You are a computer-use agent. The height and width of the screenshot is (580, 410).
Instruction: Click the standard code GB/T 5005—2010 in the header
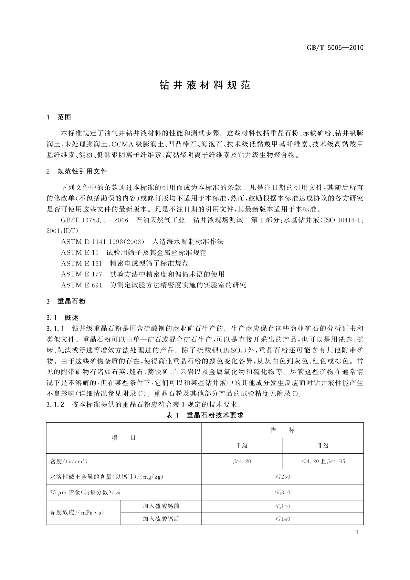click(335, 48)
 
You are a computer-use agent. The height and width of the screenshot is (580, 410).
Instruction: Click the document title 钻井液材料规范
click(204, 85)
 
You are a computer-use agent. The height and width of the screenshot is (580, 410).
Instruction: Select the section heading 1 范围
click(59, 117)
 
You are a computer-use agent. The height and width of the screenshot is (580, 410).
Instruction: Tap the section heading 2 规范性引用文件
click(77, 171)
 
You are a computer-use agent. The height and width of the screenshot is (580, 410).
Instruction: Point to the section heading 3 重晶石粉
click(66, 301)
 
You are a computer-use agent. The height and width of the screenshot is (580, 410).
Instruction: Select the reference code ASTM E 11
click(80, 253)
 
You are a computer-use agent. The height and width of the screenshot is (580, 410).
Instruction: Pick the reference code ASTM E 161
click(82, 263)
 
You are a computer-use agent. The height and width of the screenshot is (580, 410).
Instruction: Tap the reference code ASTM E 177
click(82, 275)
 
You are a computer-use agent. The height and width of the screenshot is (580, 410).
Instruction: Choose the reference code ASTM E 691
click(82, 285)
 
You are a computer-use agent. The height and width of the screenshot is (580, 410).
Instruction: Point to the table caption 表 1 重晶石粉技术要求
click(205, 415)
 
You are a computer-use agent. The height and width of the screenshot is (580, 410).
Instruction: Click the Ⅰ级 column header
click(242, 446)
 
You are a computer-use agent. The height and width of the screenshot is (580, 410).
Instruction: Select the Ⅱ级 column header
click(323, 446)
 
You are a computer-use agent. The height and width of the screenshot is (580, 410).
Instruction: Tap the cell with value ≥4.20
click(242, 461)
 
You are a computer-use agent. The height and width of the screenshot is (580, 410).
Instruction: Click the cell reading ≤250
click(283, 477)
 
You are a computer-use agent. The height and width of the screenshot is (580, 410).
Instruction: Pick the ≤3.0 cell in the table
click(283, 493)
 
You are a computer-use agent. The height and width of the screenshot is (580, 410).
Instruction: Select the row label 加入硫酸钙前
click(161, 506)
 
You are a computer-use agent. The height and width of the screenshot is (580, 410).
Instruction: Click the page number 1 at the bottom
click(357, 532)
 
